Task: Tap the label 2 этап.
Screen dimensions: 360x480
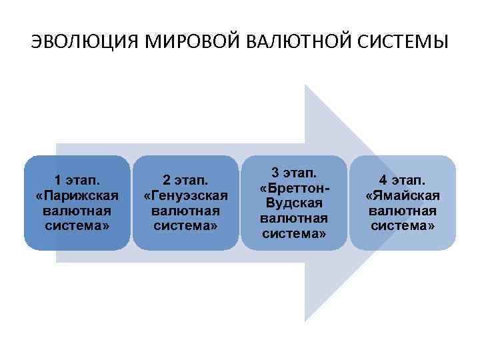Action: pos(186,181)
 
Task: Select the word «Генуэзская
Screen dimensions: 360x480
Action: pos(186,195)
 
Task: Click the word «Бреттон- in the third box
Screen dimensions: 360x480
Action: pos(294,188)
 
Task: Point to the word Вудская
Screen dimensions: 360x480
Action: pos(294,203)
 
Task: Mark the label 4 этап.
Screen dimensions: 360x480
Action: pos(403,181)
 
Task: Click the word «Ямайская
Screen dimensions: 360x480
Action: pos(403,195)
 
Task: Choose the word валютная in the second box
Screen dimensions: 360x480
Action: pos(186,211)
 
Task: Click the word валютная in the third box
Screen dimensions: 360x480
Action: pos(294,218)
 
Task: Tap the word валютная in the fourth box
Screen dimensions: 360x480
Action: pos(403,211)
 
